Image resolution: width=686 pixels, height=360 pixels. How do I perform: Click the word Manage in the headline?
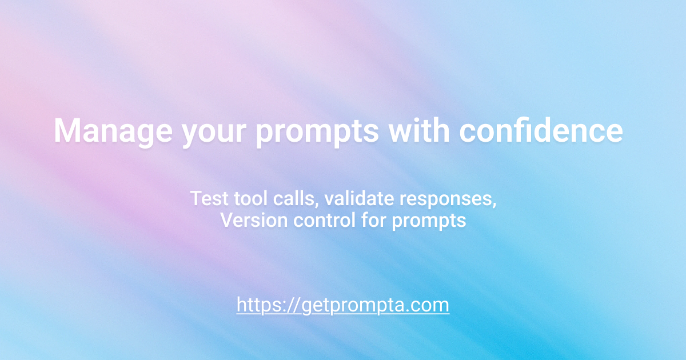point(113,131)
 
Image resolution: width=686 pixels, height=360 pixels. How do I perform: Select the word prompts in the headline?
point(317,133)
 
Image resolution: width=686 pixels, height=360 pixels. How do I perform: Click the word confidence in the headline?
point(541,130)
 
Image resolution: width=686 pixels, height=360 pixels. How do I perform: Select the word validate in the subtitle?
point(359,198)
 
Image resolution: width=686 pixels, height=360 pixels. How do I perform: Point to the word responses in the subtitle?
point(446,200)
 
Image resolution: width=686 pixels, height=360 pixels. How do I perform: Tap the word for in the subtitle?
point(374,220)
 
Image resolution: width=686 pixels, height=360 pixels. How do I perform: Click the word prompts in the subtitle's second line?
point(429,222)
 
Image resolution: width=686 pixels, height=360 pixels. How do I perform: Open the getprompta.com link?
point(342,305)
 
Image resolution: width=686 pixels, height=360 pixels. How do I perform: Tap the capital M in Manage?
point(67,130)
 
